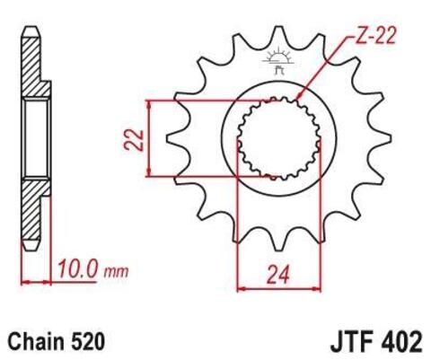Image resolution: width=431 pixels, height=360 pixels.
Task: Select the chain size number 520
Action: [89, 341]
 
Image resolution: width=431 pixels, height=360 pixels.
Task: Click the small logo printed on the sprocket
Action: [276, 61]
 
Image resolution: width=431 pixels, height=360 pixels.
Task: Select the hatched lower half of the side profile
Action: [33, 215]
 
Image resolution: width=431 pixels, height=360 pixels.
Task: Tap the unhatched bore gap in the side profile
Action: [35, 139]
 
